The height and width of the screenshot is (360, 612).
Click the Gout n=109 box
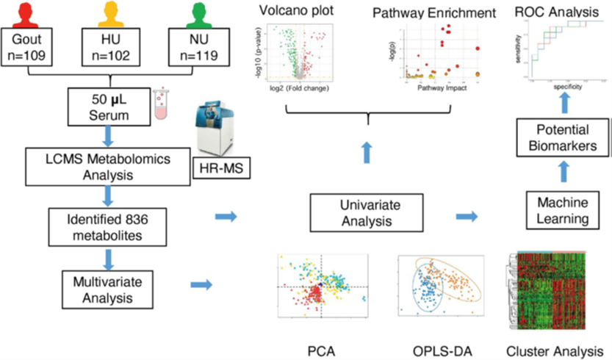point(28,45)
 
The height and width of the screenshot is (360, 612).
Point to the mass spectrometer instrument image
point(219,129)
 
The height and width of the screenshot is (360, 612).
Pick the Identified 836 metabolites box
point(108,228)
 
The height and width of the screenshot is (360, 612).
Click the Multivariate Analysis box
point(108,288)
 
